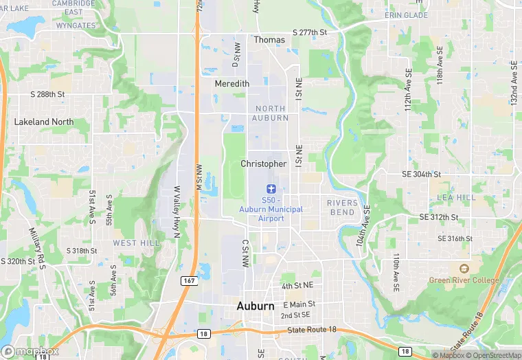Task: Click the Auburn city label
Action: coord(256,306)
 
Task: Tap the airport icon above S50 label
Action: coord(271,188)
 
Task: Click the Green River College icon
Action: coord(464,267)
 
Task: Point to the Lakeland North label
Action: coord(44,122)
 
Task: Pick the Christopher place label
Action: coord(264,164)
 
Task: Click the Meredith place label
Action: coord(231,83)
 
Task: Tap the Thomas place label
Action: coord(269,40)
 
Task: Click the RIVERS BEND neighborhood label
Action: coord(341,207)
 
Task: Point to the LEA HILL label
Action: coord(456,197)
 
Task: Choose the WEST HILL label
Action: coord(136,243)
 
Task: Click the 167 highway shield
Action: coord(189,280)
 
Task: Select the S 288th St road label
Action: coord(47,93)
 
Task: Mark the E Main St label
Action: coord(299,304)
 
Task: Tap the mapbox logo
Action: coord(30,351)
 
